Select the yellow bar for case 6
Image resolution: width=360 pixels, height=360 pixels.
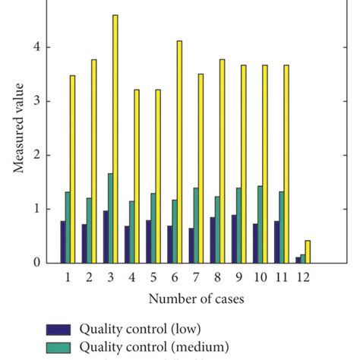(179, 152)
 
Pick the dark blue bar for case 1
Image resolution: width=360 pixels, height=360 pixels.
(63, 242)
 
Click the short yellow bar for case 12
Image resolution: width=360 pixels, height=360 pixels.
(308, 252)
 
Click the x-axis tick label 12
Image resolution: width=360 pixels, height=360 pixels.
(302, 278)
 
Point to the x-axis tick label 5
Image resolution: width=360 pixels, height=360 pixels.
(153, 278)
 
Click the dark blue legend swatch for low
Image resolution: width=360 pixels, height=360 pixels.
(58, 330)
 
